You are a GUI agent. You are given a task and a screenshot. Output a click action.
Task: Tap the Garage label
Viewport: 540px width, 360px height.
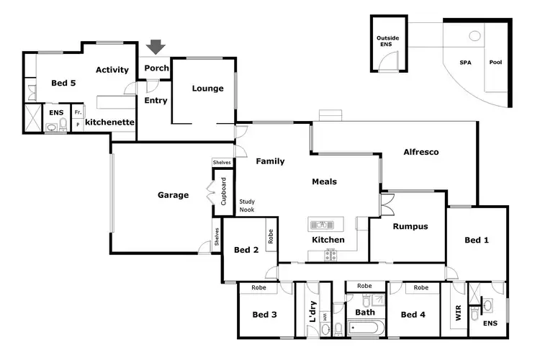tap(173, 195)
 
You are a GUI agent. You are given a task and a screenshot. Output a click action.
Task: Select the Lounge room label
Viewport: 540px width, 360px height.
tap(208, 89)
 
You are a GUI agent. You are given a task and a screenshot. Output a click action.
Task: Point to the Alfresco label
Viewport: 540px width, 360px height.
tap(420, 152)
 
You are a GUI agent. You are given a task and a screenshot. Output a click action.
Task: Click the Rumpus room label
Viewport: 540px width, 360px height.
tap(410, 226)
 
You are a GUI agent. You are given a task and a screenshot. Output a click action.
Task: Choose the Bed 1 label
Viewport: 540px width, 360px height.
tap(477, 240)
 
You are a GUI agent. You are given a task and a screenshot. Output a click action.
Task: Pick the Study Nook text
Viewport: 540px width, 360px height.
tap(247, 206)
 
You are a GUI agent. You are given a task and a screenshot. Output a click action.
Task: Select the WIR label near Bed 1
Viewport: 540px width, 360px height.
tap(456, 313)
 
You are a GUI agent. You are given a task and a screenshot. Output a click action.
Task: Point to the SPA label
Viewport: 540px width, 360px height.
tap(466, 63)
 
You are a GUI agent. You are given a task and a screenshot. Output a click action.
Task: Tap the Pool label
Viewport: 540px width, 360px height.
tap(495, 63)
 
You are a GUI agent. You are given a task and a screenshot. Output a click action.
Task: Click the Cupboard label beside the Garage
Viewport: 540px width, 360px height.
tap(223, 192)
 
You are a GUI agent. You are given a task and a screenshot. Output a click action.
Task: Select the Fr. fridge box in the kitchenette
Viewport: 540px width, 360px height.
tap(78, 112)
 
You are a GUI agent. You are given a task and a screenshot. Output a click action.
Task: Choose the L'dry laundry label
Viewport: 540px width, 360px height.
tap(312, 310)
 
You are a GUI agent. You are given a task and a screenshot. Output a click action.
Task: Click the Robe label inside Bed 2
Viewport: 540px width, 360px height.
tap(271, 236)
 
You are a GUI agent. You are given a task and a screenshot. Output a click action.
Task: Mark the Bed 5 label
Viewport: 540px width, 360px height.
tap(63, 84)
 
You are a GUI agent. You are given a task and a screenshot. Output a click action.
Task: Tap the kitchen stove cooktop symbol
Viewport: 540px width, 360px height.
tap(331, 253)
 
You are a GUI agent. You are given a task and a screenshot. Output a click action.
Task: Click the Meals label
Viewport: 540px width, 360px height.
tap(324, 181)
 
